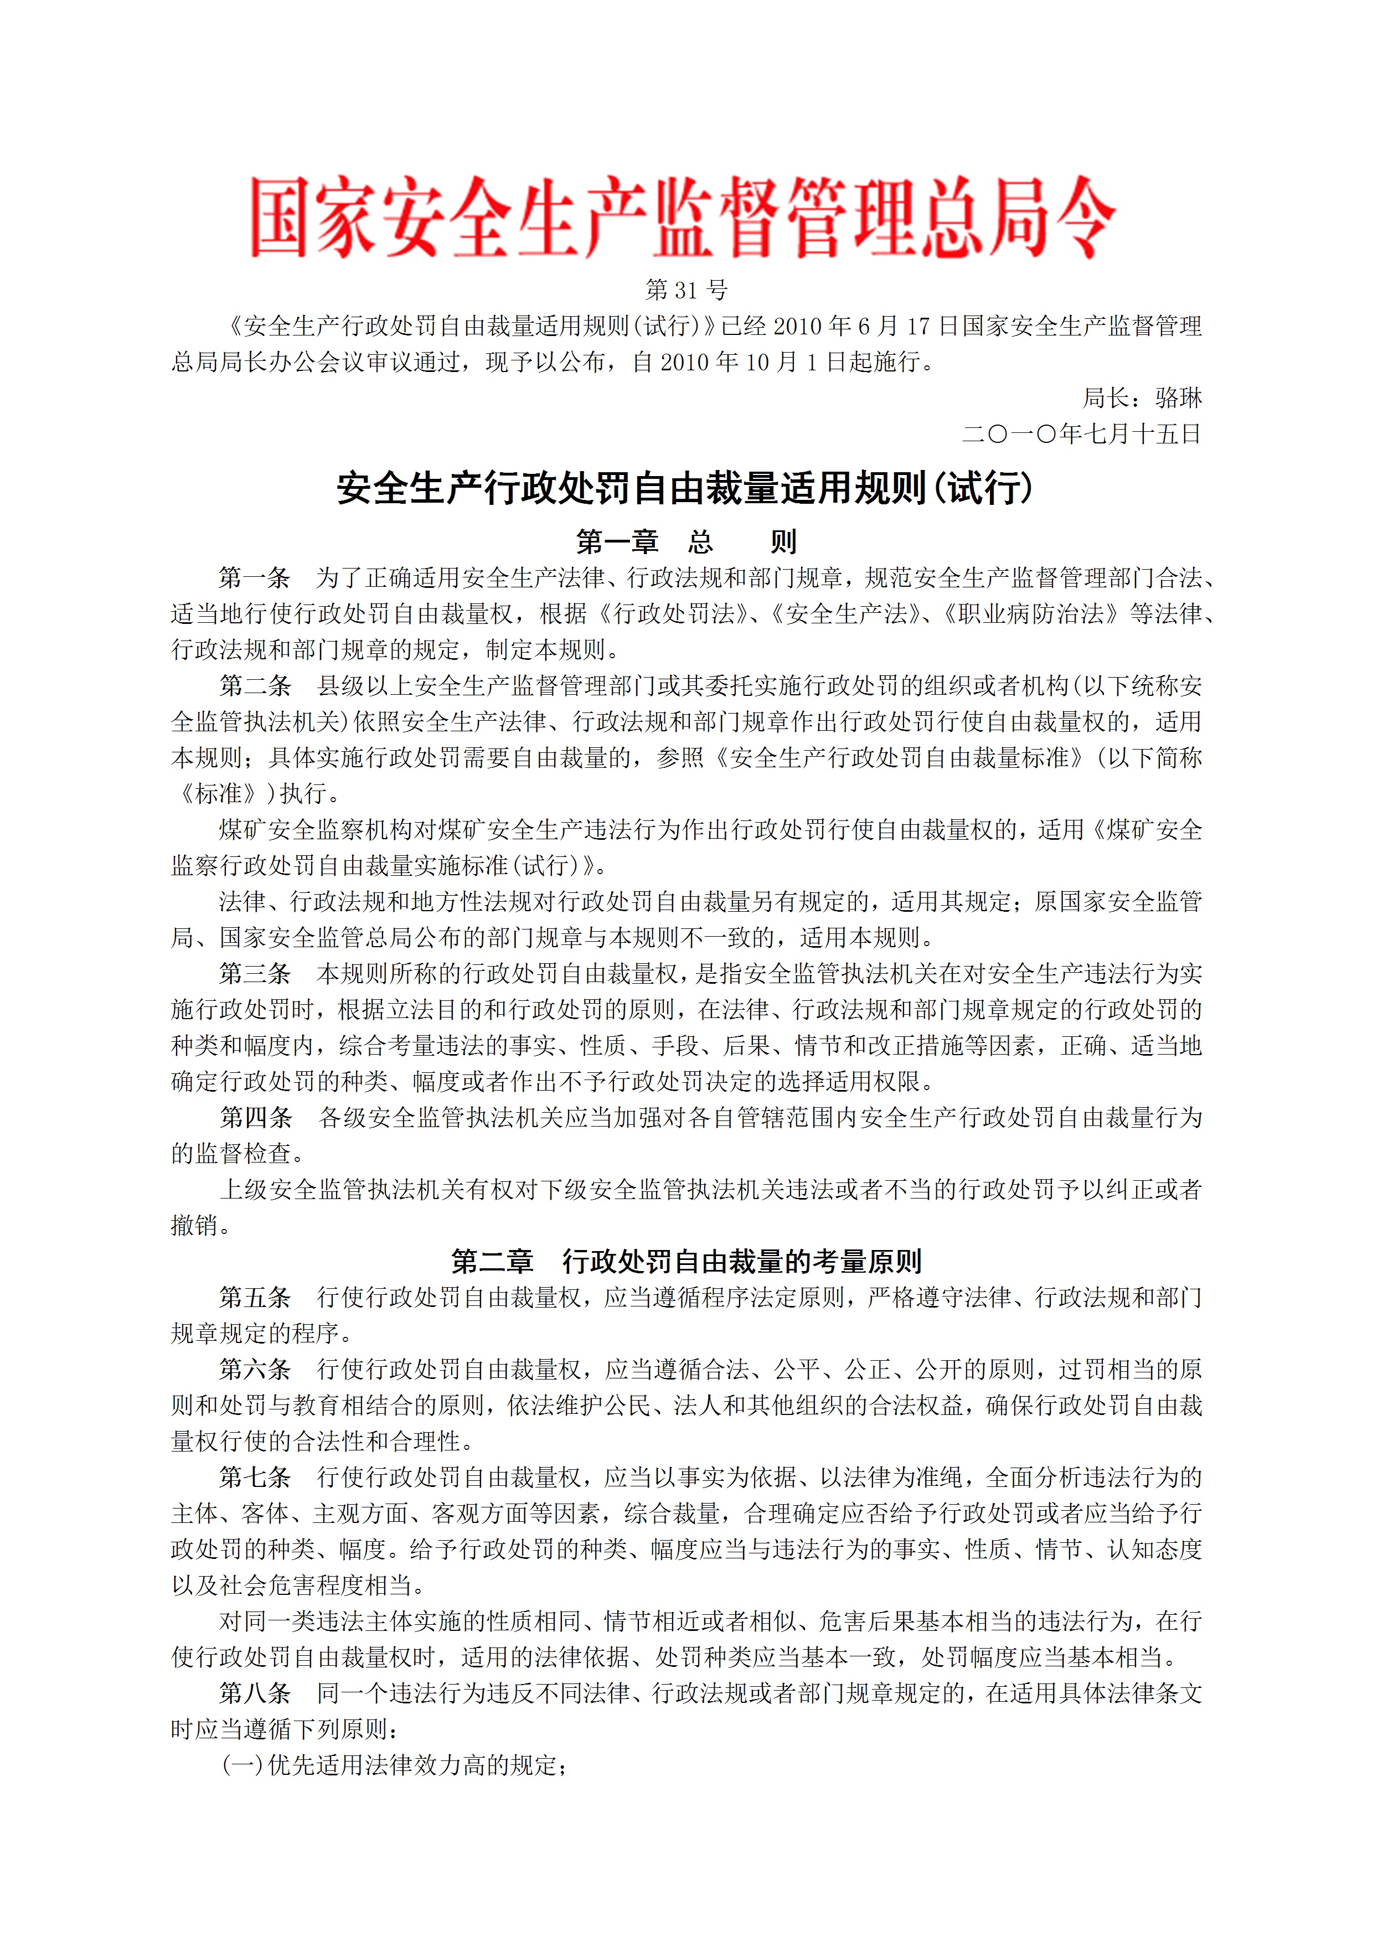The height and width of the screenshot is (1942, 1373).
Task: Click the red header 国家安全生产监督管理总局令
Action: (x=684, y=218)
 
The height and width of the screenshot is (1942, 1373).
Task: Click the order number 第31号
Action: (x=686, y=290)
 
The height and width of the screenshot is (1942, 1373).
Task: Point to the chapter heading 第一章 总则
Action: (x=686, y=541)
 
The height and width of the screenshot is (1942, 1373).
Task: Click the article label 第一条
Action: (x=255, y=578)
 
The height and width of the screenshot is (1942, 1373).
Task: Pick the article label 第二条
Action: (x=255, y=685)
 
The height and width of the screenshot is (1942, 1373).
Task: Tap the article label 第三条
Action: (x=255, y=974)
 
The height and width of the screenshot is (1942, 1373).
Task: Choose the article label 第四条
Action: (x=255, y=1117)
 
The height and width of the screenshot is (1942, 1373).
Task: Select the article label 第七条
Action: (x=255, y=1477)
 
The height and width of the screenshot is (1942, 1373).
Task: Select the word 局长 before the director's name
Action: (x=1106, y=397)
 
